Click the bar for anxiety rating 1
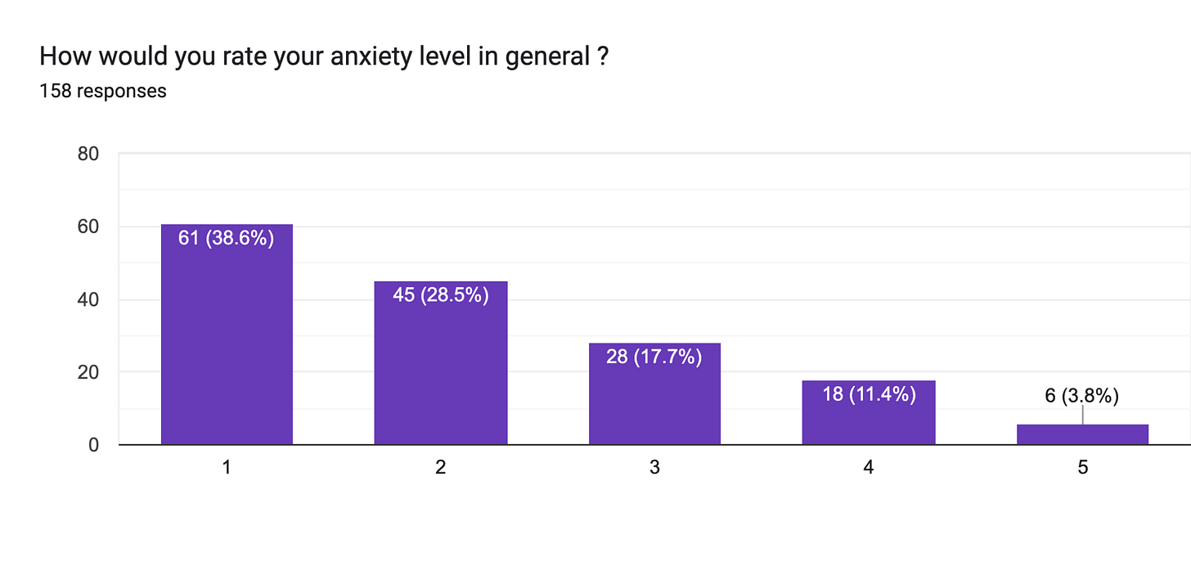[227, 344]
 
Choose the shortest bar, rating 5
[1082, 434]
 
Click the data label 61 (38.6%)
[226, 239]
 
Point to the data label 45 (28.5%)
[440, 295]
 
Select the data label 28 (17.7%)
[654, 357]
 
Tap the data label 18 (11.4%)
[868, 394]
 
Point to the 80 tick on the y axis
[88, 154]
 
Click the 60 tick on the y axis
[88, 227]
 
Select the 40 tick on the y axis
[88, 299]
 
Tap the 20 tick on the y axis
[88, 372]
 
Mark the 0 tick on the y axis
[93, 445]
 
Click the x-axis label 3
[654, 469]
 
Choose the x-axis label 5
[1082, 469]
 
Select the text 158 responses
[103, 91]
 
